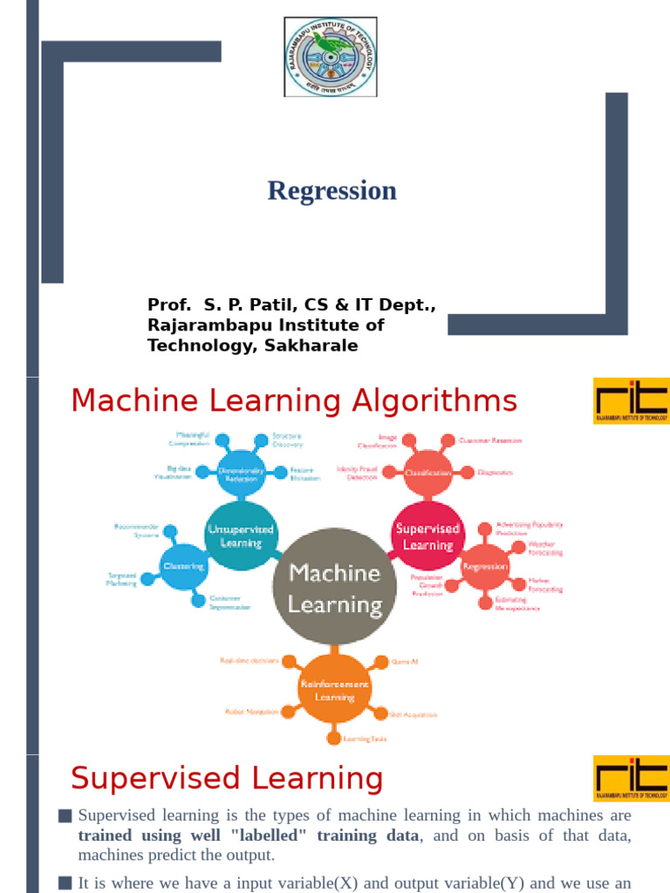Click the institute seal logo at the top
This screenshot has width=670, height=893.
pos(331,57)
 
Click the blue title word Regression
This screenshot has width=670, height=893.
pos(332,190)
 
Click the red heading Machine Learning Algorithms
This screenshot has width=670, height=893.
pos(294,401)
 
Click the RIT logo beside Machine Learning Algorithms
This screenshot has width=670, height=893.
pos(631,401)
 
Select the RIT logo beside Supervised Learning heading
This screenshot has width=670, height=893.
pos(631,779)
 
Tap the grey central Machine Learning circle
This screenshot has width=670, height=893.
pos(335,588)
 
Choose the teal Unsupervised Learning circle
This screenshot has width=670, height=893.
pos(240,535)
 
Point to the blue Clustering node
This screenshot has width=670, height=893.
pos(184,566)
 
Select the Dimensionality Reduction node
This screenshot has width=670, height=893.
pos(240,472)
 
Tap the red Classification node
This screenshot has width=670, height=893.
pos(428,472)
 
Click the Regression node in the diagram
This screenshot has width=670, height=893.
pos(484,566)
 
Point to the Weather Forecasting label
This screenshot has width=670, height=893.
pos(545,548)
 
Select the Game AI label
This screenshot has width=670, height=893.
pos(406,662)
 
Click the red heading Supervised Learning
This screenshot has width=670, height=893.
pos(227,779)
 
